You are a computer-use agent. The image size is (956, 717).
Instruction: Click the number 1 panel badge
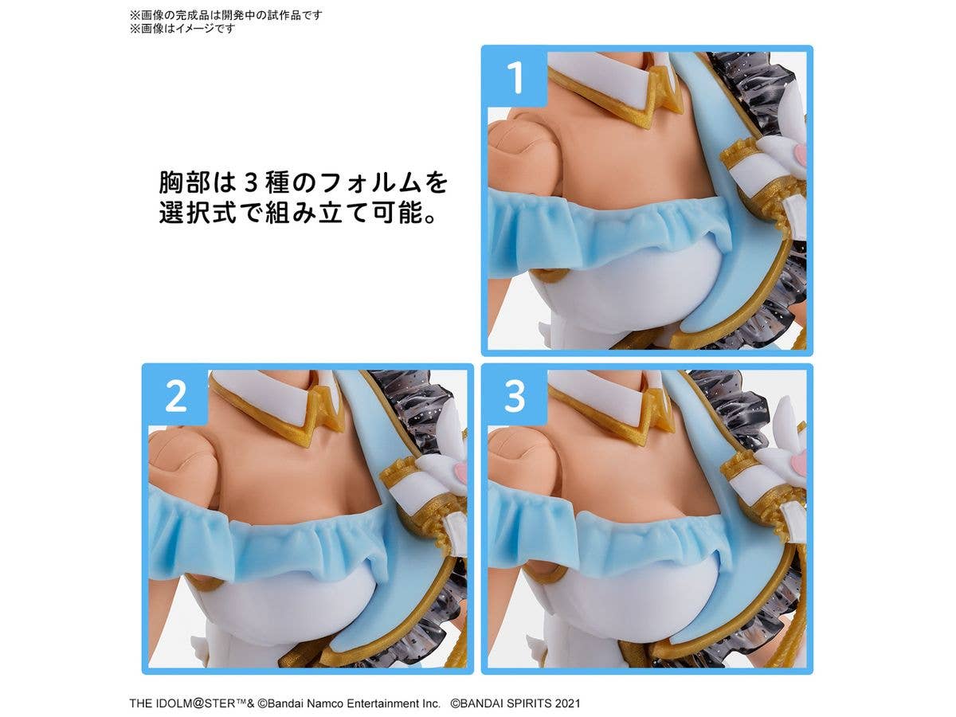(x=515, y=77)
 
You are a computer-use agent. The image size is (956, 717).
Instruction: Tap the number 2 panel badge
(x=175, y=396)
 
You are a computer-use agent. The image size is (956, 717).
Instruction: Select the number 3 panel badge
(x=515, y=396)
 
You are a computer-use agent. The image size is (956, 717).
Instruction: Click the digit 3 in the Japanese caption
(x=251, y=183)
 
